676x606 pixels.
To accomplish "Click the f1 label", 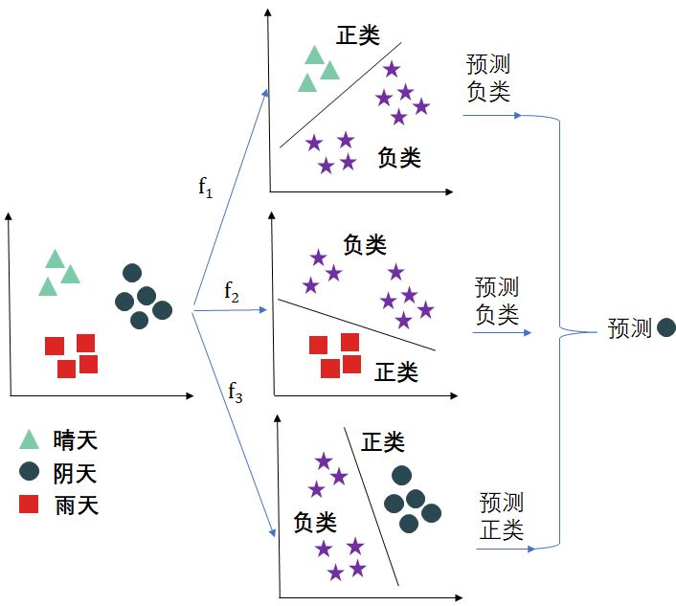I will point(206,187).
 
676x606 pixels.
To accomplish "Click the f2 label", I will point(232,290).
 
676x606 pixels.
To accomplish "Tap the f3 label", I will point(236,390).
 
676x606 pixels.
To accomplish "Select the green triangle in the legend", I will point(30,439).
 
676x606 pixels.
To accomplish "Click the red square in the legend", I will point(30,504).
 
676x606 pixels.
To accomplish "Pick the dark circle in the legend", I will point(30,472).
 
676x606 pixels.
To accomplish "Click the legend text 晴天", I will point(76,440).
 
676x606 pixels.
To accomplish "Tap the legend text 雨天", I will point(76,505).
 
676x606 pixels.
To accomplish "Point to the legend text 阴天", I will point(76,473).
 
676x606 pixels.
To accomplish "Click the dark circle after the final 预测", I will point(666,328).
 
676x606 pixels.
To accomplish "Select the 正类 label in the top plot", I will point(358,35).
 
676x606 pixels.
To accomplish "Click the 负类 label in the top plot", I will point(399,157).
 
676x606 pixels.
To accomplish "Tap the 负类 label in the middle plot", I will point(365,245).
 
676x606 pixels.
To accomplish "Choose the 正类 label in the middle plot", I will point(395,371).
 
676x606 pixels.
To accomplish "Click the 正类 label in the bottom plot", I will point(383,442).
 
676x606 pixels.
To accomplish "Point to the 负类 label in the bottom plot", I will point(315,522).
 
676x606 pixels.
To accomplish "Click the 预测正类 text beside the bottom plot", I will point(502,516).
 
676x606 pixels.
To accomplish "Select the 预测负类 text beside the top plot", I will point(488,78).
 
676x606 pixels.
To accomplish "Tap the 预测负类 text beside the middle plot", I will point(497,300).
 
